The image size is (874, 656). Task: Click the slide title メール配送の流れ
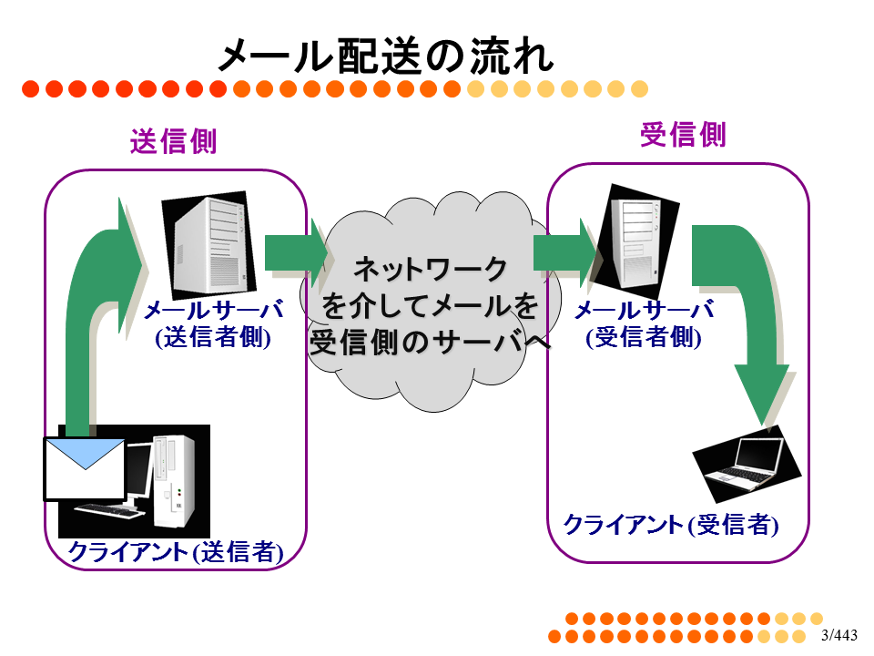386,56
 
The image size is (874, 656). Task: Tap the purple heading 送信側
173,141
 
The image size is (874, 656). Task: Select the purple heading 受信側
684,135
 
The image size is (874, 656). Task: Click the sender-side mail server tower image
209,244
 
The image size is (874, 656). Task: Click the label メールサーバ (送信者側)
213,324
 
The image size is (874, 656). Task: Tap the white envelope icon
85,469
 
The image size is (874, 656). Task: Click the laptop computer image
747,464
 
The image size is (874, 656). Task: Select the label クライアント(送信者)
176,552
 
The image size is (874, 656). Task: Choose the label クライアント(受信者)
671,525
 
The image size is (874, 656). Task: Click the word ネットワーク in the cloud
431,269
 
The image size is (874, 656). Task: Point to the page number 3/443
838,635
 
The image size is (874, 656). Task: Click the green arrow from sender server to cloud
295,252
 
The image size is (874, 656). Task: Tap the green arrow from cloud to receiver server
564,252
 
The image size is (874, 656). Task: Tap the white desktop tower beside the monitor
174,481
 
